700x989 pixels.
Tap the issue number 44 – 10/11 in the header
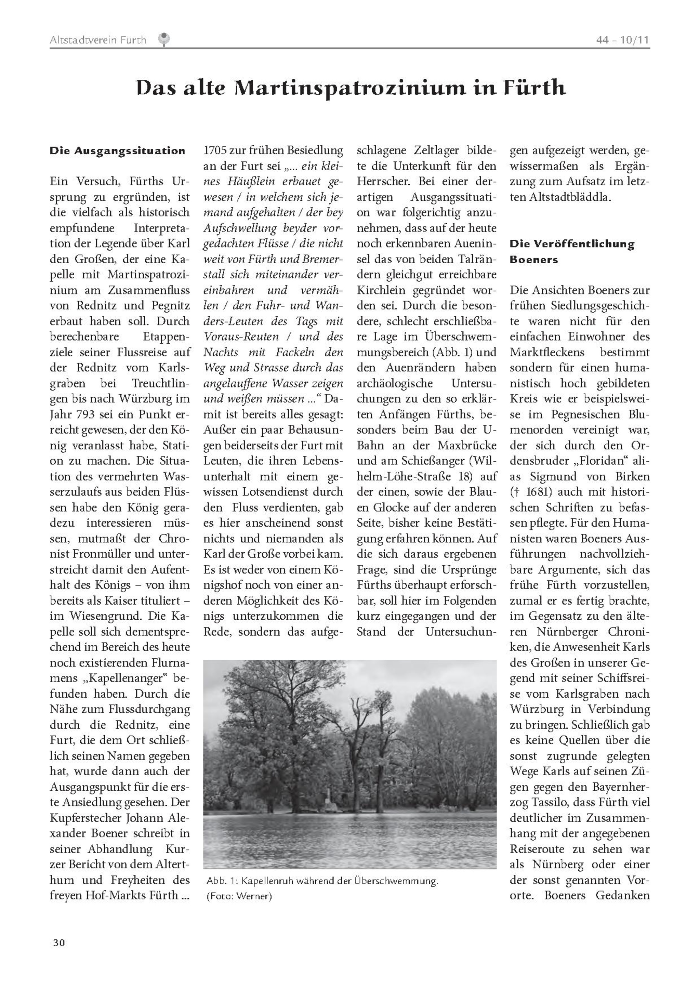tap(623, 40)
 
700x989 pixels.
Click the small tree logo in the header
tap(164, 40)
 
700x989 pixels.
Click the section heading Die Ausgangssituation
tap(117, 151)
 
